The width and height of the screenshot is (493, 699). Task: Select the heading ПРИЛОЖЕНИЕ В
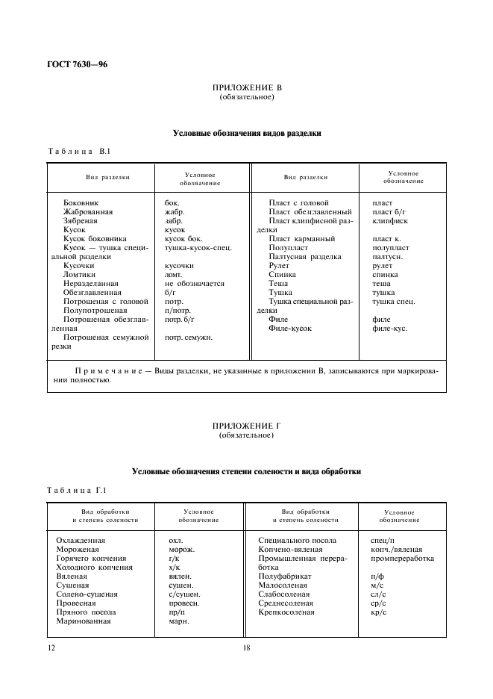[246, 88]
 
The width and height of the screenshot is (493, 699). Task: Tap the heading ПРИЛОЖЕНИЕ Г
[246, 426]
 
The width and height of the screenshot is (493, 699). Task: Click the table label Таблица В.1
[79, 152]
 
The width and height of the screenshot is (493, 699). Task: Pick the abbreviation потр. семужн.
[189, 338]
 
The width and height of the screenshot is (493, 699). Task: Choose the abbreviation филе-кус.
[389, 329]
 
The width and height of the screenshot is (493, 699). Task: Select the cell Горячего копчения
[91, 559]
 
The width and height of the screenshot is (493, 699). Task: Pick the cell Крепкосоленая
[286, 612]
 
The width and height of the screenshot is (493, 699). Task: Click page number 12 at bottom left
[51, 647]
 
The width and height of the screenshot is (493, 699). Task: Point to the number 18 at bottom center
[246, 647]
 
